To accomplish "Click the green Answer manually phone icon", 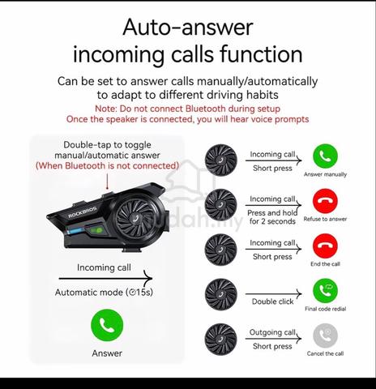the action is pos(325,156).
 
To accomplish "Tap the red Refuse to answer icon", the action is pos(325,201).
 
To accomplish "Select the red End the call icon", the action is pos(325,246).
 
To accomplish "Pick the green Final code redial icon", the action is pos(325,291).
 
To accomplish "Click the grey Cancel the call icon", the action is pos(325,336).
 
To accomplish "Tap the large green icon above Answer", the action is pos(107,325).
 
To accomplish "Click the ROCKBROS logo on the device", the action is pos(83,212).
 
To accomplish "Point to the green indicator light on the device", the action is pos(96,230).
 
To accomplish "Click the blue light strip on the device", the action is pos(75,231).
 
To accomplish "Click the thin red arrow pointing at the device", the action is pos(107,182).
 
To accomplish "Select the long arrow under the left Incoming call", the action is pos(105,278).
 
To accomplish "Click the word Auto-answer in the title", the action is pos(188,28).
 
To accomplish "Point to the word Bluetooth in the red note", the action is pos(205,109).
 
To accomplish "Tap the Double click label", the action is pos(272,301).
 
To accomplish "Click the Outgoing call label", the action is pos(272,332).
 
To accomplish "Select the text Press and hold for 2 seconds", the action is pos(272,217).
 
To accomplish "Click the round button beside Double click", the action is pos(221,294).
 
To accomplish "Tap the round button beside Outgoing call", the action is pos(221,340).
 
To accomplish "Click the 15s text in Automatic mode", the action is pos(144,293).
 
